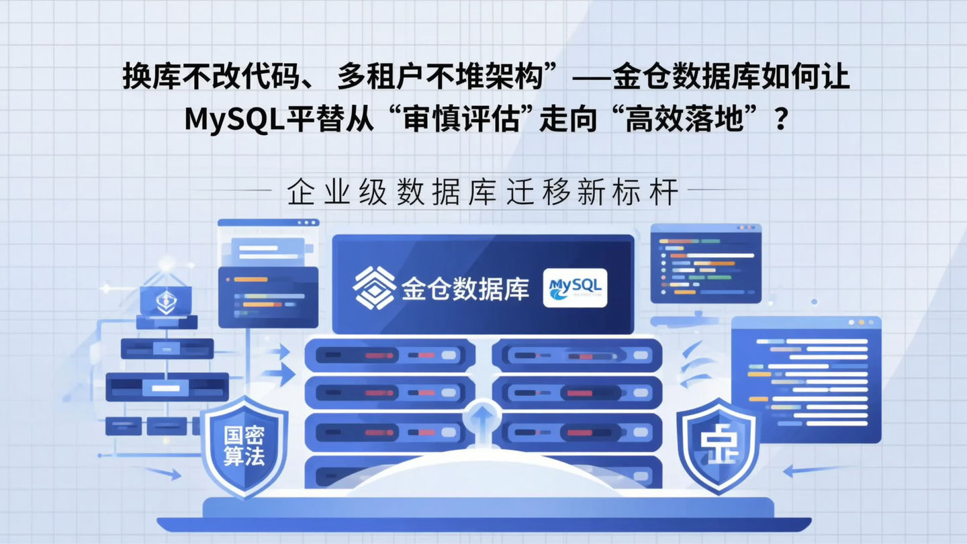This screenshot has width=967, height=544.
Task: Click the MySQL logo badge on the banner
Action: pos(574,288)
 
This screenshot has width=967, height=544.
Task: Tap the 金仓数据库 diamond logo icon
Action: pos(374,288)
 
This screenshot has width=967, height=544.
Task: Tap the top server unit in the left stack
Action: pos(389,355)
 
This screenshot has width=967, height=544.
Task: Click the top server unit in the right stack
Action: pos(577,355)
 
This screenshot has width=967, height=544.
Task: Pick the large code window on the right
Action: pos(806,379)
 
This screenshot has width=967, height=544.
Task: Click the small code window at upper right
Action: pos(706,263)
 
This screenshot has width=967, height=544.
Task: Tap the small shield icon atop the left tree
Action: pos(165,300)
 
